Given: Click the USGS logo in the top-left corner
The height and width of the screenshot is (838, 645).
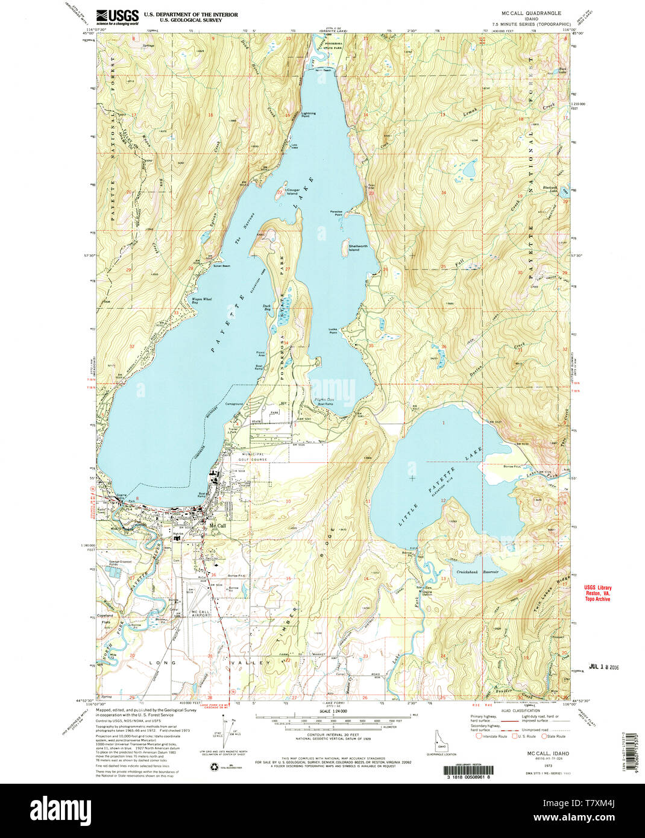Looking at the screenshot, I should pos(118,16).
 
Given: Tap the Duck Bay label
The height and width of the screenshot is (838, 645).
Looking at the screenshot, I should pos(266,307).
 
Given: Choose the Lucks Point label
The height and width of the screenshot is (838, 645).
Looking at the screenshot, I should pos(333,331).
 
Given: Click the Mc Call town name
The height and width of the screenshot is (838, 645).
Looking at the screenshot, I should pos(217,526).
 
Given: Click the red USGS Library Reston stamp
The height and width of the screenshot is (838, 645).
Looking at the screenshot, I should pos(597,593).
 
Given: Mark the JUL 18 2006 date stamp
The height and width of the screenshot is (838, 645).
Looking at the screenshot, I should pos(603,667).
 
